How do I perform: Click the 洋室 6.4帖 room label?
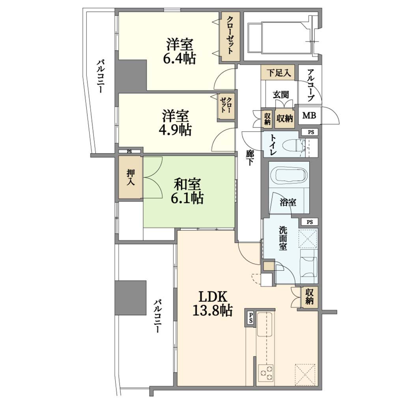179,52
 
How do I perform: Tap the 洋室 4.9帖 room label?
175,123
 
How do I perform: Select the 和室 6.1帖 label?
187,191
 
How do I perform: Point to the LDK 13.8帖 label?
213,303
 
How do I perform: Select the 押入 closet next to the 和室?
131,177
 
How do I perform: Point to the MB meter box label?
309,116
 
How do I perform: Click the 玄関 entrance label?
281,95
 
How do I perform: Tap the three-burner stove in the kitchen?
266,373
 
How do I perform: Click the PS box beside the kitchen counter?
250,318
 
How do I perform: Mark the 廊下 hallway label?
249,157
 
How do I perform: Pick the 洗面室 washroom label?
282,238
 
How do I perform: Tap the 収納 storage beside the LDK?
309,297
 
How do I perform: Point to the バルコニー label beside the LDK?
158,316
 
